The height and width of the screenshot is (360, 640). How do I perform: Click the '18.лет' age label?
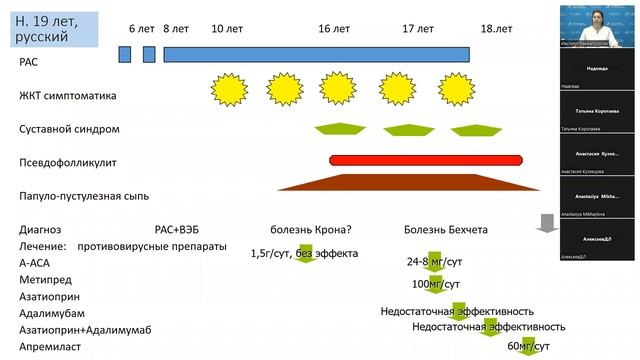coord(496,30)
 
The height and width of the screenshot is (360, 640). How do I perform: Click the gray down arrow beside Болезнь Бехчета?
coord(546,223)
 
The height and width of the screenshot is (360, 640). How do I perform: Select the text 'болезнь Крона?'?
coord(307,229)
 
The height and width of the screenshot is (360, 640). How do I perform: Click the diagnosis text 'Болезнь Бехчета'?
coord(446,229)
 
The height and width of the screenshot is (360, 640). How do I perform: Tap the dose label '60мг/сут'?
coord(529,345)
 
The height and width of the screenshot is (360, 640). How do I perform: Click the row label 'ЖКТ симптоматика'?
coord(68,96)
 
